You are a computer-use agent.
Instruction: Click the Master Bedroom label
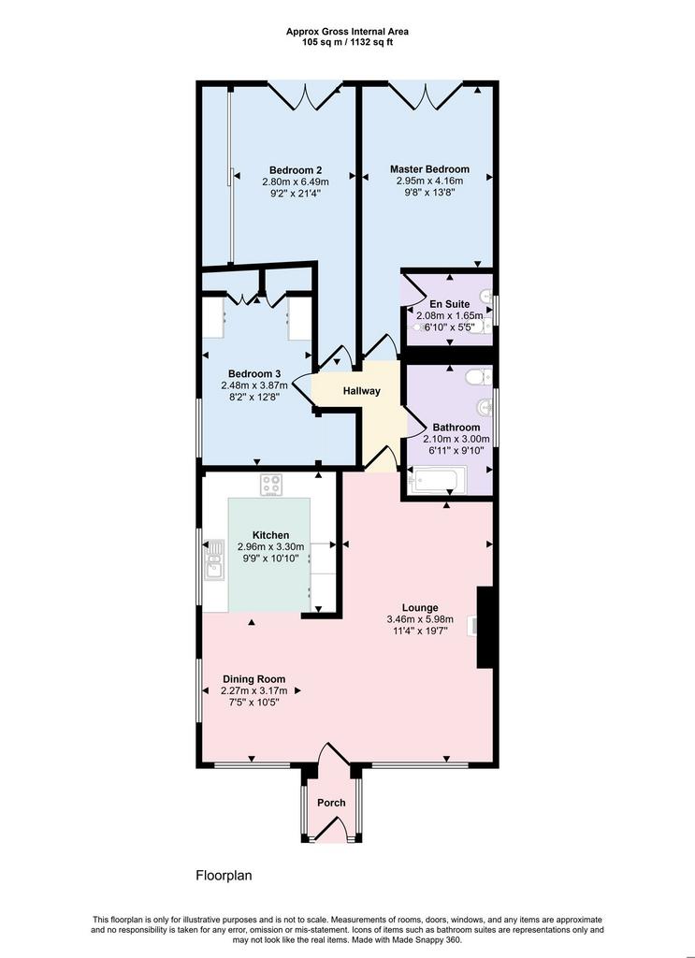[429, 169]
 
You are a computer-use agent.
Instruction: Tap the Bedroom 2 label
[296, 170]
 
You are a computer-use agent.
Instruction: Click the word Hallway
[362, 391]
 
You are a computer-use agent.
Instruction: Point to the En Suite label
[449, 304]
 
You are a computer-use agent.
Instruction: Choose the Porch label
[331, 803]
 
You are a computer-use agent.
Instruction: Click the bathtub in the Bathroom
[438, 479]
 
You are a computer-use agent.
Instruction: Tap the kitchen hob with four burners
[270, 486]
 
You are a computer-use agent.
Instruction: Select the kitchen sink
[214, 559]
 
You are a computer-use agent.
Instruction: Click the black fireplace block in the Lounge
[485, 628]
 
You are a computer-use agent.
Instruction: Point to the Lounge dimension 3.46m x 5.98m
[420, 619]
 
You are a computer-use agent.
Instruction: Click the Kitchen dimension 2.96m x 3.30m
[270, 546]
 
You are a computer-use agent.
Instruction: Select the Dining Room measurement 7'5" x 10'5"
[253, 702]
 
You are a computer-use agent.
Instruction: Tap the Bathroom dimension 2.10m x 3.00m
[456, 439]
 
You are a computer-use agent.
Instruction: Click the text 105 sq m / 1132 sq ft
[348, 43]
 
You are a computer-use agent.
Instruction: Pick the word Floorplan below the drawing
[224, 876]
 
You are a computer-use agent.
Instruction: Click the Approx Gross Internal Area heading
[348, 32]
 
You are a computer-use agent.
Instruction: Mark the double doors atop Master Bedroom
[426, 96]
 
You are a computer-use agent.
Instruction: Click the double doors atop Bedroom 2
[305, 96]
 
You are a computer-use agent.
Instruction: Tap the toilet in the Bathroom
[479, 376]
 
